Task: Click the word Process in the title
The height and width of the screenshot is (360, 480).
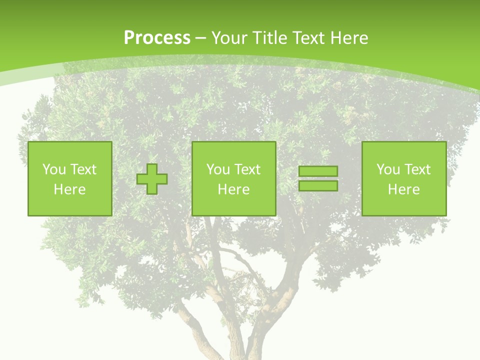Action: pos(157,38)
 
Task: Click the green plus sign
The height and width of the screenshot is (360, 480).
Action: pos(152,178)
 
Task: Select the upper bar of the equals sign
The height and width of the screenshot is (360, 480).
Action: pos(318,171)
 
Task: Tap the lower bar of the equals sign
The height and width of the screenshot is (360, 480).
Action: pos(318,185)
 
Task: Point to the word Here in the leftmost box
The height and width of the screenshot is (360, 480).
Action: pos(69,189)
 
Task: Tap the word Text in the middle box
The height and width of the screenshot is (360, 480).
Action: pos(247,169)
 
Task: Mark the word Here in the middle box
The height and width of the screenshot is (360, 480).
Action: pos(233,189)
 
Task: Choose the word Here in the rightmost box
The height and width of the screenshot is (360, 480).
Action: pos(403,189)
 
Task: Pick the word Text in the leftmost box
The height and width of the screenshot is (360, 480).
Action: pos(83,169)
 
